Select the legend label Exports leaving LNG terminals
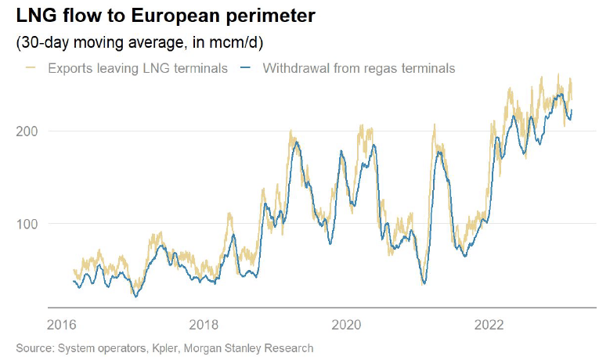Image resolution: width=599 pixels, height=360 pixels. pos(138,68)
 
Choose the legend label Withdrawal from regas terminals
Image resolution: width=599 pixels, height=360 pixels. pos(359,68)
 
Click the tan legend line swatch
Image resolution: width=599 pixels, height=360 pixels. pos(30,68)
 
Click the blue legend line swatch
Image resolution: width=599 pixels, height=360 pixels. pos(245,68)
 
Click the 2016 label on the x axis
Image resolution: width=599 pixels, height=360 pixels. pos(61,324)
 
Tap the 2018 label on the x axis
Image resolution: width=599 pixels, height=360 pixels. pos(204,324)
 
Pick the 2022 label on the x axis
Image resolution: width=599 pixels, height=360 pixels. pos(489,324)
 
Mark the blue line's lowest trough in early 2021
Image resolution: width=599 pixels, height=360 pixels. pos(424,283)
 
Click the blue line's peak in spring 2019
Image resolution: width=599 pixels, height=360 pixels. pos(295,144)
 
